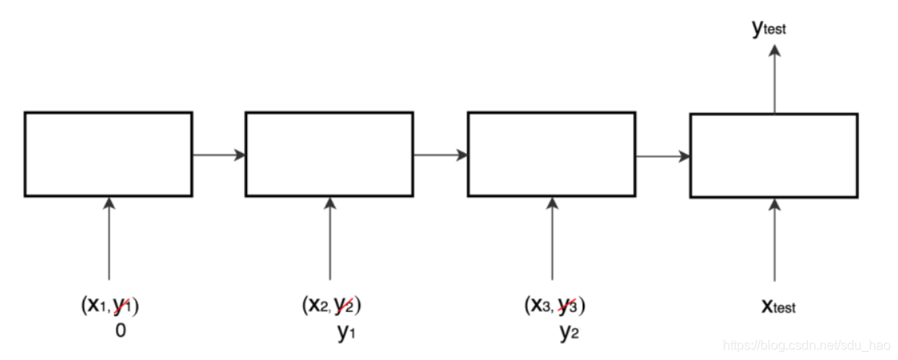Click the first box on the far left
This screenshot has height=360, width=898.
click(x=109, y=154)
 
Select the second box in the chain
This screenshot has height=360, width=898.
click(x=329, y=154)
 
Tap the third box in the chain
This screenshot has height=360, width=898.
click(x=552, y=154)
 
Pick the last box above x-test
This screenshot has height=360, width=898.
click(x=773, y=155)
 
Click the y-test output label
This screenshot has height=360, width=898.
click(x=769, y=29)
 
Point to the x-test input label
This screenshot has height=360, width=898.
click(x=777, y=306)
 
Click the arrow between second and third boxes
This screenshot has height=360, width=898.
click(x=441, y=155)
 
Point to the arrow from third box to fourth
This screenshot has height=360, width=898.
click(x=663, y=155)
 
